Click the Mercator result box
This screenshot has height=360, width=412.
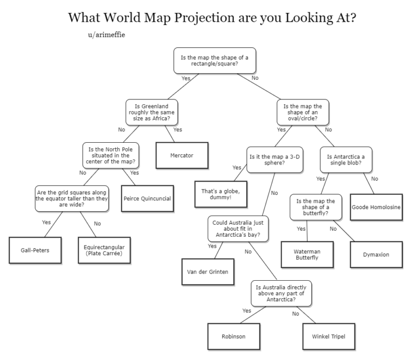[182, 155]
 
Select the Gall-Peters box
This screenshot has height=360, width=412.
[34, 250]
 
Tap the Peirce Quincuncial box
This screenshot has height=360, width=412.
[147, 198]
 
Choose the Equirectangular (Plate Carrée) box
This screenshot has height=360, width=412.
[104, 250]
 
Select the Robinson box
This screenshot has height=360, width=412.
[233, 336]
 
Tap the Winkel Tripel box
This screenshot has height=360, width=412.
[325, 336]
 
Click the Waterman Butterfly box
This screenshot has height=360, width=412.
[307, 254]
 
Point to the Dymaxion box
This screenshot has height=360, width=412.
[376, 254]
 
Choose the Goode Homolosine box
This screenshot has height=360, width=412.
[376, 207]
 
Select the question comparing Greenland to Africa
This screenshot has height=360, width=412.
[152, 112]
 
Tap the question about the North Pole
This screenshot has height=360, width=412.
[111, 155]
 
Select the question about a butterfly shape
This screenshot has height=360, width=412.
[316, 207]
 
